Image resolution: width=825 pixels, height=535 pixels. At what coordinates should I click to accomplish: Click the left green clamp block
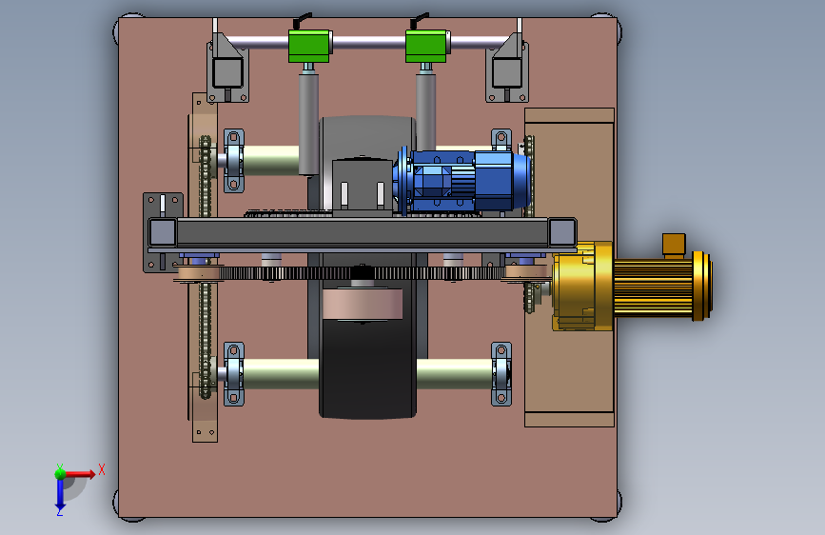[x=310, y=46]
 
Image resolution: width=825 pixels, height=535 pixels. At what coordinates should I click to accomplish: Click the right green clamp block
[x=426, y=46]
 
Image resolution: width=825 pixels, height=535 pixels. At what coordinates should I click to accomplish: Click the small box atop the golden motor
[x=674, y=245]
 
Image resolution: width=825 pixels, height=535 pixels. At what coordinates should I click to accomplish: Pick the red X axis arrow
[x=79, y=474]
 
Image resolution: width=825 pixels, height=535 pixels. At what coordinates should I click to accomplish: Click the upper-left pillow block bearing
[x=234, y=161]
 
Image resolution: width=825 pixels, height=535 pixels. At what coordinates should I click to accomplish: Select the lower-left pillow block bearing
[x=234, y=374]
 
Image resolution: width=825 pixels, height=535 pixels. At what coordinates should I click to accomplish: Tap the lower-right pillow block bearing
[x=501, y=374]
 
